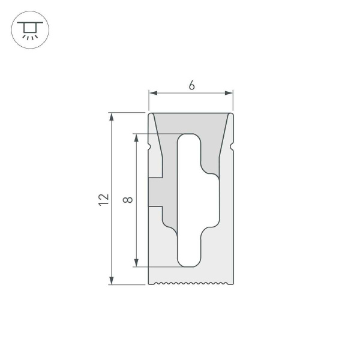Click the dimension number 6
[191, 86]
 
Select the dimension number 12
[104, 200]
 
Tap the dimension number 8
[127, 200]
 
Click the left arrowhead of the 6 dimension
[152, 93]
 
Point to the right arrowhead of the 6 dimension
[229, 93]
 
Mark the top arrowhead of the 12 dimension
[112, 116]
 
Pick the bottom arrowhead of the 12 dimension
[112, 281]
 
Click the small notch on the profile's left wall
[150, 146]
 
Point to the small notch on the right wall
[232, 146]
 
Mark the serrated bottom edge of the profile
[191, 283]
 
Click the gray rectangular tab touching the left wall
[156, 192]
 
